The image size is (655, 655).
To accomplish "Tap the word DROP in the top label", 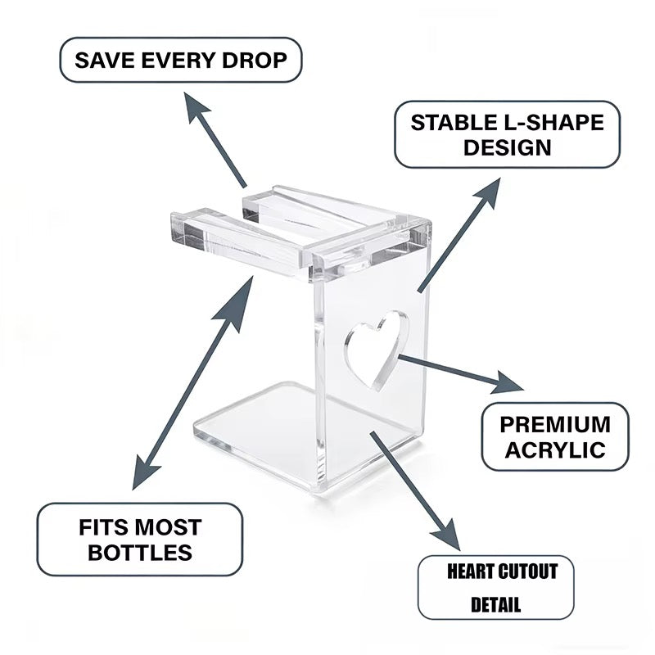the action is click(255, 60).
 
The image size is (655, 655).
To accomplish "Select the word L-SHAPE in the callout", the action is click(551, 123).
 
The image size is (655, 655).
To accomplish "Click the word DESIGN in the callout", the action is click(508, 148).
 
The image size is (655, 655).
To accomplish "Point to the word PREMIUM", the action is click(555, 424).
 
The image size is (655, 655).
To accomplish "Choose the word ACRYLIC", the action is click(555, 450).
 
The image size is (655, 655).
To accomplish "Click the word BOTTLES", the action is click(140, 553).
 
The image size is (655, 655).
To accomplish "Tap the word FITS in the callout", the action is click(102, 527).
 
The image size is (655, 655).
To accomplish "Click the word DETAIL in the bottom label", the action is click(496, 604).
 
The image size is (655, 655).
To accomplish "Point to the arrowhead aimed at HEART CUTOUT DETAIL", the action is click(448, 535).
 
